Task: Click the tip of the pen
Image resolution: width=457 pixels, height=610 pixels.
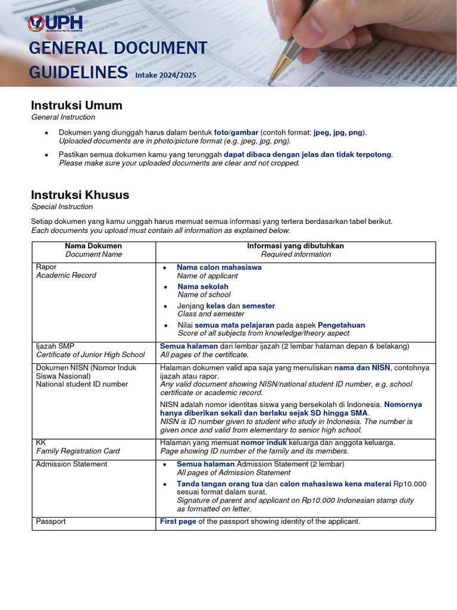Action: pyautogui.click(x=269, y=82)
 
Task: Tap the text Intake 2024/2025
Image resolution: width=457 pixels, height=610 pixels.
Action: pyautogui.click(x=165, y=75)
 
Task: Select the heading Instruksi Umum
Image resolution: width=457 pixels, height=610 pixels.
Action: pyautogui.click(x=77, y=105)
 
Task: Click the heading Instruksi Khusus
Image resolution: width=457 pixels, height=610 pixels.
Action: pyautogui.click(x=80, y=195)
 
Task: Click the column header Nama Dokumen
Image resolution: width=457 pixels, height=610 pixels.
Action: pyautogui.click(x=93, y=245)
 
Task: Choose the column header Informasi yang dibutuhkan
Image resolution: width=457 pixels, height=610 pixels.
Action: pyautogui.click(x=295, y=245)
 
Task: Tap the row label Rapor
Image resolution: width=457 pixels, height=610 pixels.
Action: pyautogui.click(x=46, y=267)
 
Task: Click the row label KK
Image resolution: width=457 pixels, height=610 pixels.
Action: pyautogui.click(x=41, y=443)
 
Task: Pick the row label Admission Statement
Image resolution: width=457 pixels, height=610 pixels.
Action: pyautogui.click(x=71, y=464)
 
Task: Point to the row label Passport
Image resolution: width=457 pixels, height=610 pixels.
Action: pyautogui.click(x=51, y=521)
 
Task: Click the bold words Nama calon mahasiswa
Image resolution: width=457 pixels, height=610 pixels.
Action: pyautogui.click(x=219, y=267)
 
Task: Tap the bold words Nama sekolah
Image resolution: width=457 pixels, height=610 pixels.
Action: pyautogui.click(x=203, y=287)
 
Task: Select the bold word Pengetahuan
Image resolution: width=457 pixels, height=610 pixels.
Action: pyautogui.click(x=342, y=325)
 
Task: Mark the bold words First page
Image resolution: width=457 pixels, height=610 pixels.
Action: pyautogui.click(x=178, y=521)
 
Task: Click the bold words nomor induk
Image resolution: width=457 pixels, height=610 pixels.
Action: pyautogui.click(x=264, y=443)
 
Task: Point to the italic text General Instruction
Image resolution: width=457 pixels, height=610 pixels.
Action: pyautogui.click(x=63, y=117)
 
